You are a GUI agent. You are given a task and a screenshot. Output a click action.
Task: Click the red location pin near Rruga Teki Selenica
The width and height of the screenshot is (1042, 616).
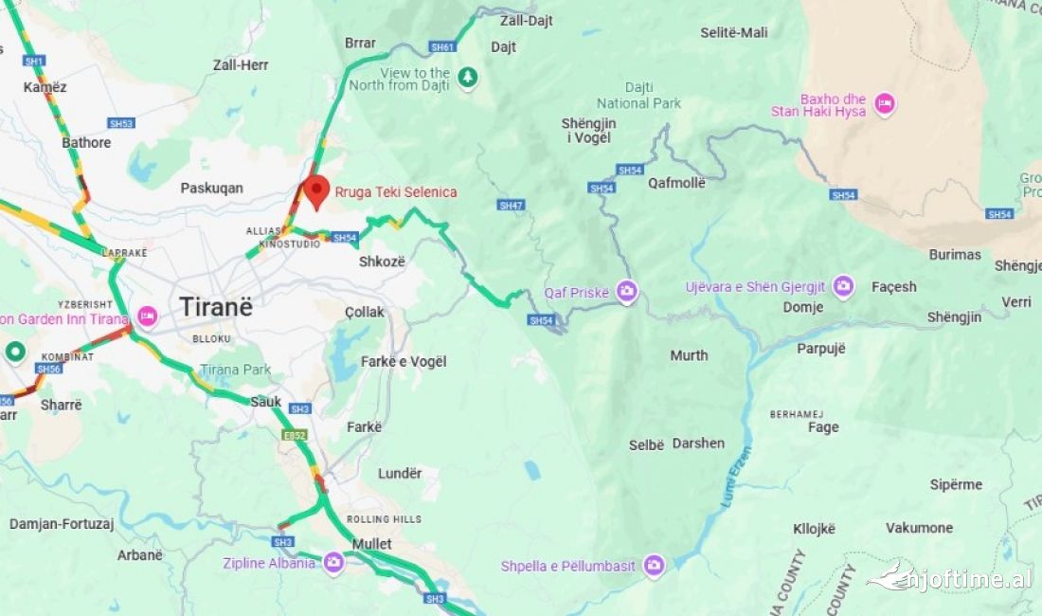(315, 190)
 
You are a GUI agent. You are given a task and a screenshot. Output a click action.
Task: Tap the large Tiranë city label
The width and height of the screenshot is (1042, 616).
(217, 307)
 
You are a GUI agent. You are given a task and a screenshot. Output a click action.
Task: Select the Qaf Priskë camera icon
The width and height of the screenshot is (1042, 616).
(626, 291)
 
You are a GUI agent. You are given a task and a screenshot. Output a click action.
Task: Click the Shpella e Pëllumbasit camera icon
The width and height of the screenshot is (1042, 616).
(654, 566)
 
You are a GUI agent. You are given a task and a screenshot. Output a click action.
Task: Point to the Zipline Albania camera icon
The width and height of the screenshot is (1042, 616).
(332, 563)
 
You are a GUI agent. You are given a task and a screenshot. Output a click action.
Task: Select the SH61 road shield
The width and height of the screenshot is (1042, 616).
(442, 46)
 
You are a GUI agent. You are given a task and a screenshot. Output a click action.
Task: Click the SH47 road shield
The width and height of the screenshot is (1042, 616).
(511, 205)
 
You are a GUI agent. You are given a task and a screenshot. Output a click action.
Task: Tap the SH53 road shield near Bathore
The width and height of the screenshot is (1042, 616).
(121, 123)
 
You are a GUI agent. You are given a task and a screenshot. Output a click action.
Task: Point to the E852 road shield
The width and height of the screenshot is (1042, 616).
(295, 435)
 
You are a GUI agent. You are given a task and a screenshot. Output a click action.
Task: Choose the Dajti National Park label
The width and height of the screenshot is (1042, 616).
(639, 95)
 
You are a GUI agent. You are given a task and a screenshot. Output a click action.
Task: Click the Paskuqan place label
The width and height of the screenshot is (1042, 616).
(211, 188)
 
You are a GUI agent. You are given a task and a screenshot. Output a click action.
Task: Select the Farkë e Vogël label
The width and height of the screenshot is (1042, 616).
(404, 361)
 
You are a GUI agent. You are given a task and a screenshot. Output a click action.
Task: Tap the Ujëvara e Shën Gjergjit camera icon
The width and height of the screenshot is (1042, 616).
(843, 286)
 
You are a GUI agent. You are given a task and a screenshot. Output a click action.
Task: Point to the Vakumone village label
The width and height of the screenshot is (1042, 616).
(919, 528)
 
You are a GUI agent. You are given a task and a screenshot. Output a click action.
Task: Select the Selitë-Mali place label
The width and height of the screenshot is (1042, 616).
(734, 32)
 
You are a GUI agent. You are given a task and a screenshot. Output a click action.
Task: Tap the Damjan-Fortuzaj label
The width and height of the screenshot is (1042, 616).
(62, 523)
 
